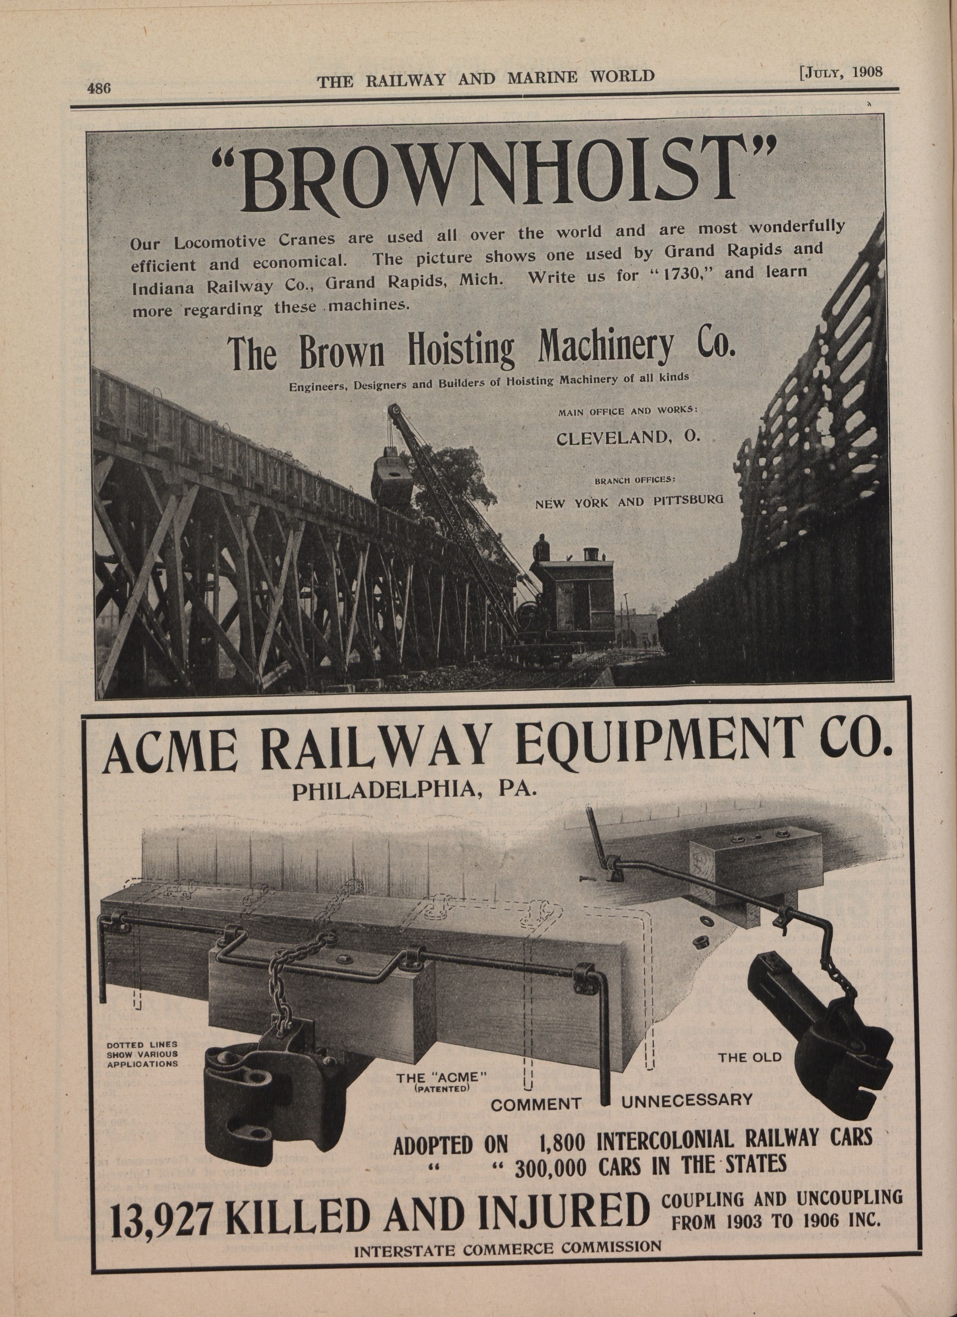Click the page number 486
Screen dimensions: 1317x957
click(98, 88)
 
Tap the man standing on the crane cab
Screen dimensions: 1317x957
click(542, 547)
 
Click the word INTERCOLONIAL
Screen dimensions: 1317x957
click(661, 1135)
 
